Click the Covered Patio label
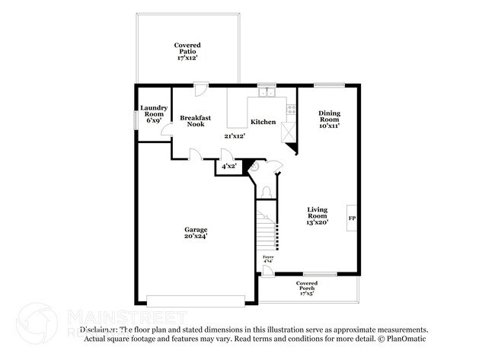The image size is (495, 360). pos(187,51)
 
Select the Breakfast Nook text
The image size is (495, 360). pos(196,121)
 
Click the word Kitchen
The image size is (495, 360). pos(263,122)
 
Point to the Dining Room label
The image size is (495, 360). pos(329,119)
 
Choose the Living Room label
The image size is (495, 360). pos(318,216)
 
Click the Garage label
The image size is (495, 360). pos(196,233)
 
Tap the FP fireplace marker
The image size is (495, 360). pos(352,218)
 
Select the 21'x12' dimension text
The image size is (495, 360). pos(235,136)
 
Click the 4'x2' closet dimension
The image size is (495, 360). pos(228,166)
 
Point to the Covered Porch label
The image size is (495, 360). pos(307,287)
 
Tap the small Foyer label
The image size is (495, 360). pos(268,260)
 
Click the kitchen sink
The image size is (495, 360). pos(267,93)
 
